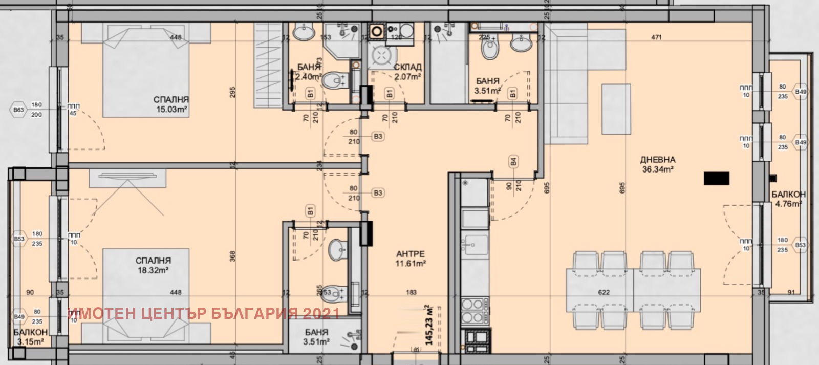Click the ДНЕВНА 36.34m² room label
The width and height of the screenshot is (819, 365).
[658, 164]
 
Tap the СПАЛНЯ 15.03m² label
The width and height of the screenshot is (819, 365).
[171, 104]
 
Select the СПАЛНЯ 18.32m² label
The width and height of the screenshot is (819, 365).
[154, 265]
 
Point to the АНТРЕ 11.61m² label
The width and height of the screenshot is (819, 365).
[411, 259]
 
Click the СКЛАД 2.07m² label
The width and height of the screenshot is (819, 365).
[407, 72]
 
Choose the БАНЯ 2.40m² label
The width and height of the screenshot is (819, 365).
[309, 72]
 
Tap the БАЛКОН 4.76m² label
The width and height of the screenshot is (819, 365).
[788, 199]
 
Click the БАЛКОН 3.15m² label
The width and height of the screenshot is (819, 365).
[30, 337]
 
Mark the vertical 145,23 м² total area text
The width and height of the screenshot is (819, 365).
[429, 325]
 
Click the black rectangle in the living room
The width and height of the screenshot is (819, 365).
[716, 178]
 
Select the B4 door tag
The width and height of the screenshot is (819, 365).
[513, 162]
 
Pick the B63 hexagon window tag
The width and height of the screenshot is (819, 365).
[18, 110]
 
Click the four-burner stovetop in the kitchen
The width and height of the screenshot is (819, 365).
[475, 311]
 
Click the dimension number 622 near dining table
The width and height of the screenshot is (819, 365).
[604, 292]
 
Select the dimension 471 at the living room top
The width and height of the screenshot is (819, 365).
[657, 37]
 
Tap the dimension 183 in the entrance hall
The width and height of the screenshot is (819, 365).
[411, 292]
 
